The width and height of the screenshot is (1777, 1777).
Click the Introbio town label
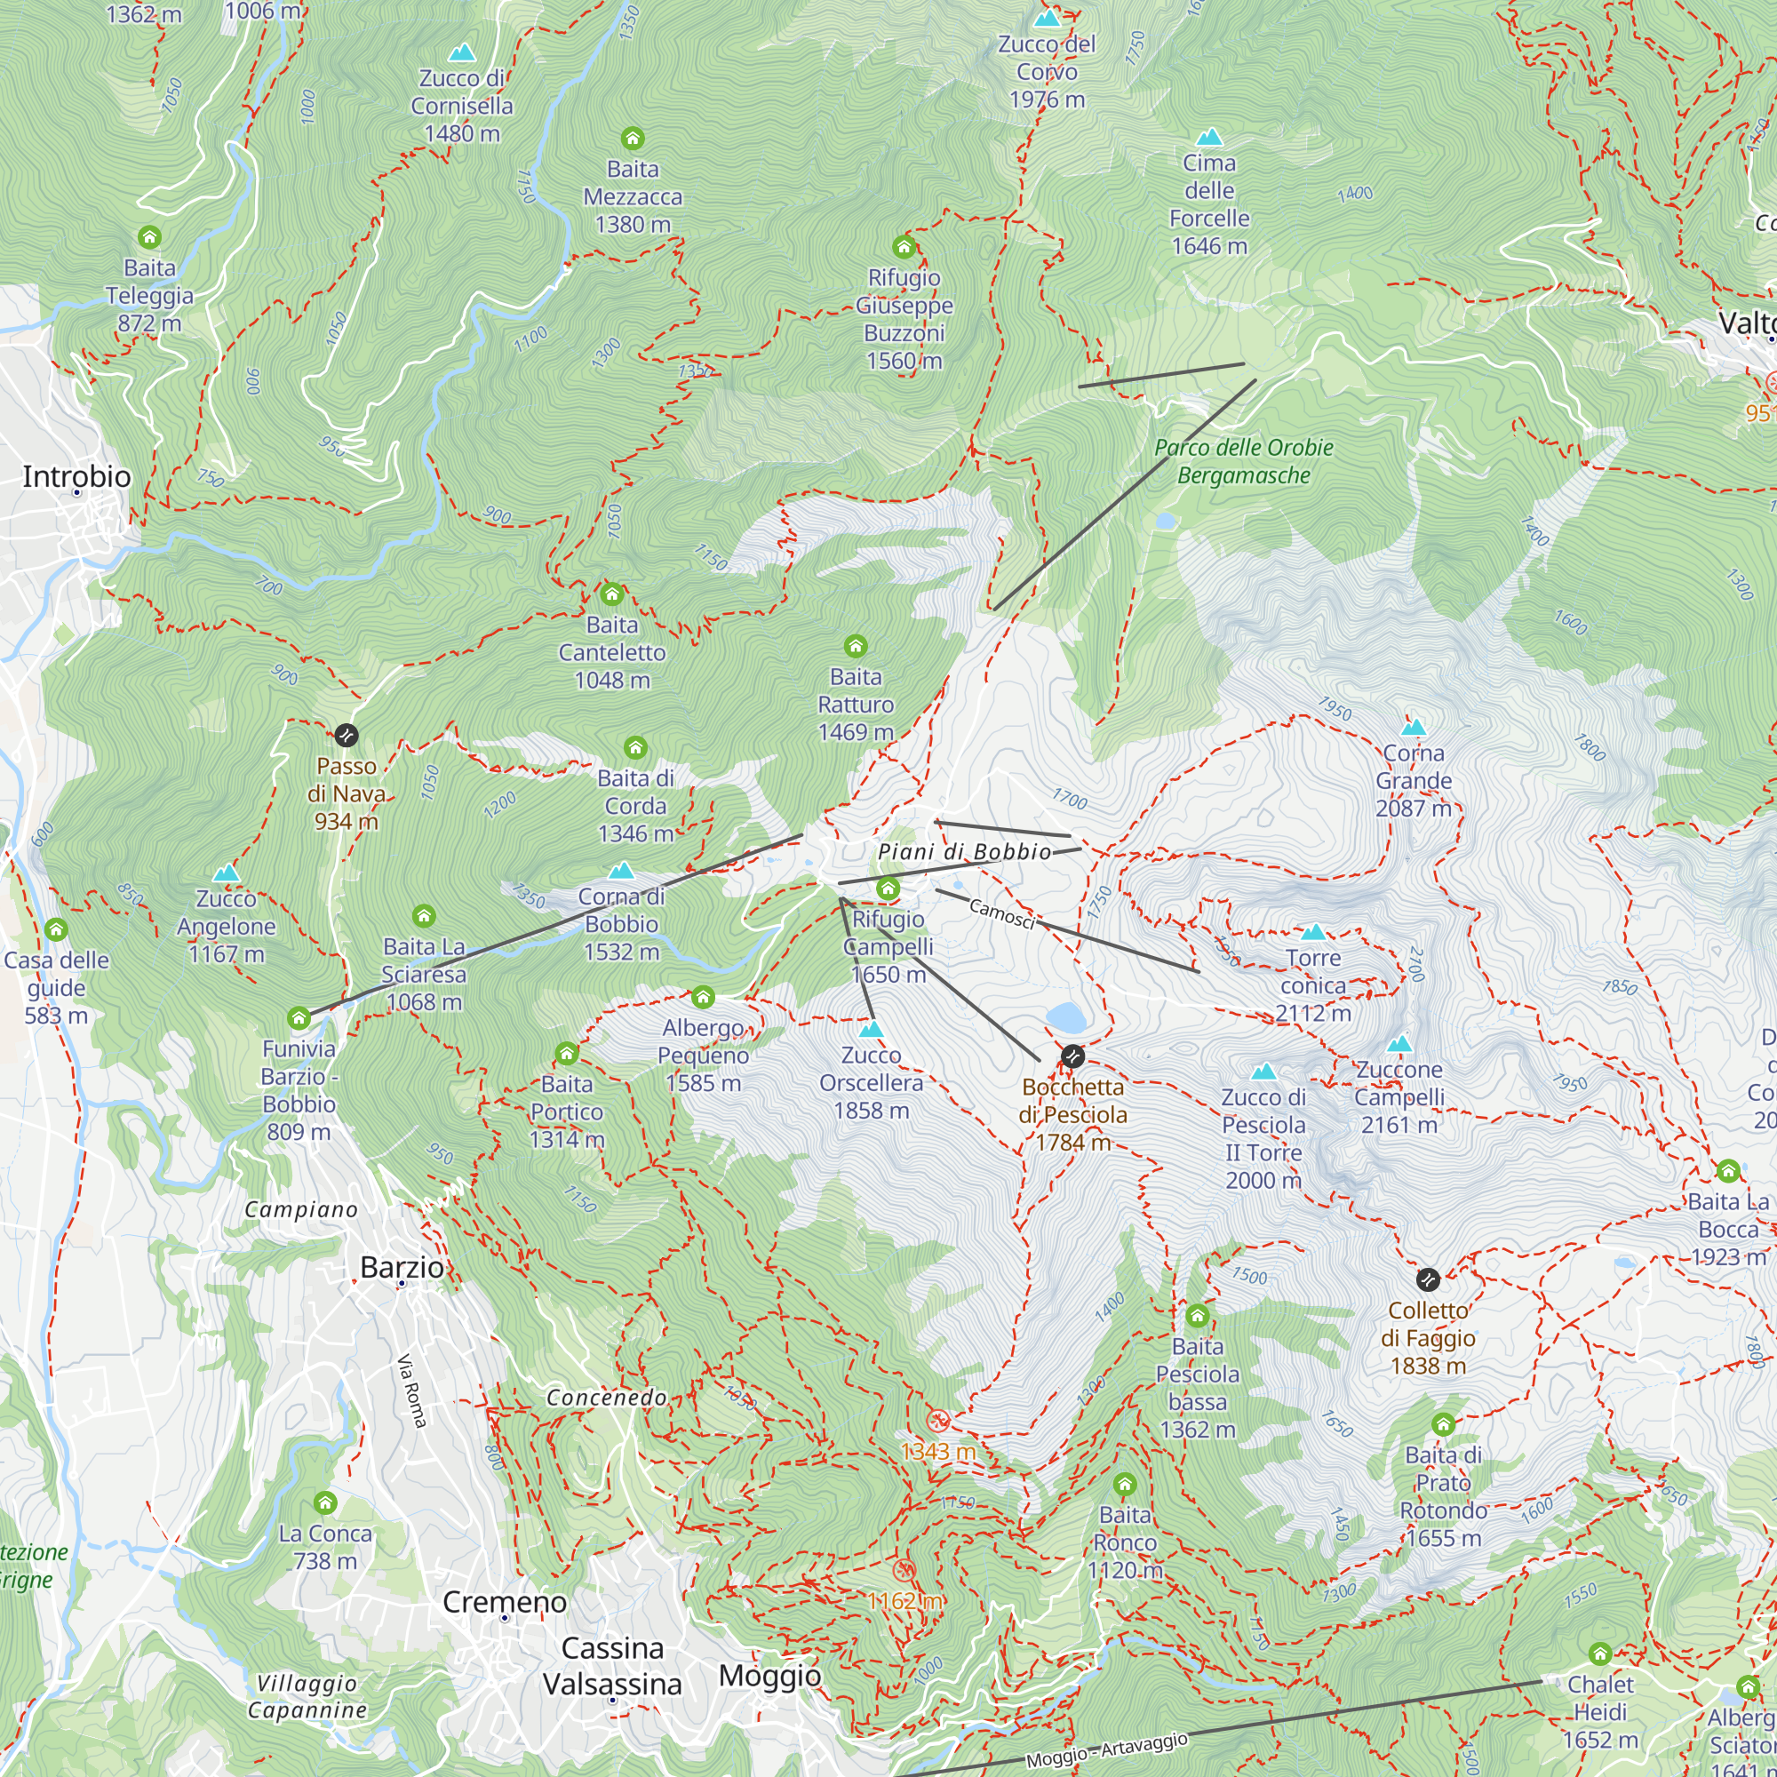point(76,476)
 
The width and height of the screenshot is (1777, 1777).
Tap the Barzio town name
point(402,1268)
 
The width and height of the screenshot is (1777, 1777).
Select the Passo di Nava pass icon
point(346,735)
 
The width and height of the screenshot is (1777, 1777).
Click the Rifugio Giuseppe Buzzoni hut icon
point(904,246)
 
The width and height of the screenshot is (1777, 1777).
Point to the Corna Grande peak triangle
point(1413,728)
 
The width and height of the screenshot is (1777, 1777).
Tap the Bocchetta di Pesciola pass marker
point(1072,1056)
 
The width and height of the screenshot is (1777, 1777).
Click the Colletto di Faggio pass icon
point(1428,1279)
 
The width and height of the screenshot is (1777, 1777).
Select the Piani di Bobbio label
point(964,852)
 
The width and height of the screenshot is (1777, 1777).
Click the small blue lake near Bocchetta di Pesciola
point(1066,1017)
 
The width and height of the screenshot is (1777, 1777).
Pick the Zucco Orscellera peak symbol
point(871,1028)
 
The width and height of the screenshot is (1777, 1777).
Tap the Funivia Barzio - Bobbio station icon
point(299,1018)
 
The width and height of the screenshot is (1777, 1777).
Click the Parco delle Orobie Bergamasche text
point(1244,462)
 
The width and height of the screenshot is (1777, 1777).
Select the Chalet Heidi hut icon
point(1600,1654)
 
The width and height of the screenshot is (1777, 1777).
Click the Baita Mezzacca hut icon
point(633,139)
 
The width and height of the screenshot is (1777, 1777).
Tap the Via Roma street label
point(412,1391)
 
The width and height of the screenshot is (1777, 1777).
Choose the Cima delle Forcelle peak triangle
point(1209,138)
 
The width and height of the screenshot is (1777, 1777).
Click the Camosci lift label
point(1002,914)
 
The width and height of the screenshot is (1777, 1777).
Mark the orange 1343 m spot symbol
point(937,1421)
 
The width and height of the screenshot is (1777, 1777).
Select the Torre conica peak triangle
point(1313,933)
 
